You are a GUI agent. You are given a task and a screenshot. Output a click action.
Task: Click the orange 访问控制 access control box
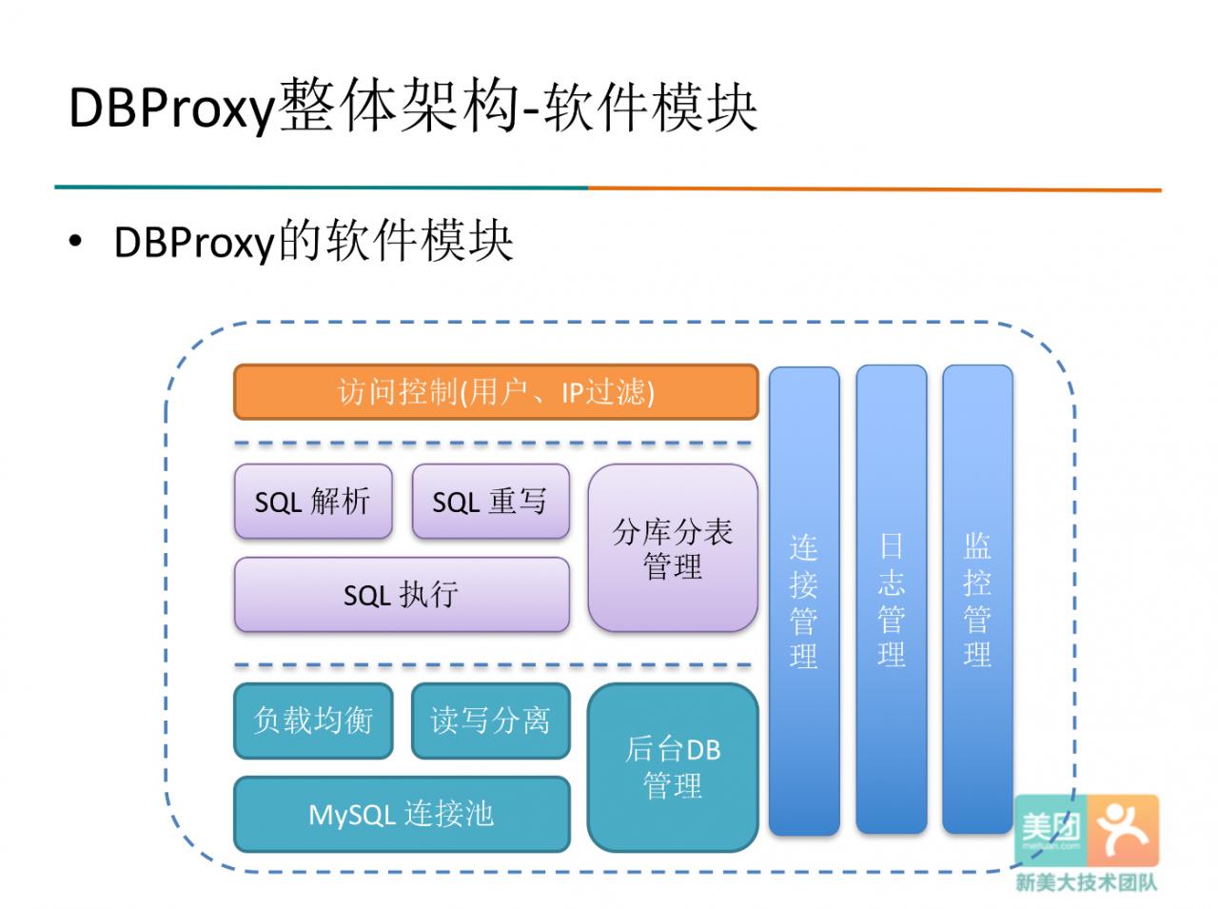[496, 392]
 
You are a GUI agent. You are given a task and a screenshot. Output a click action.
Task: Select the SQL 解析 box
[313, 501]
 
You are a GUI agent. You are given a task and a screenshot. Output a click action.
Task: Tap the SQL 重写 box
[490, 501]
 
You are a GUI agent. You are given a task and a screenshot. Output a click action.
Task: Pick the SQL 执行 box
[402, 594]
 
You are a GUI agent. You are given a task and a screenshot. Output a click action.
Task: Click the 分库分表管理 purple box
[673, 547]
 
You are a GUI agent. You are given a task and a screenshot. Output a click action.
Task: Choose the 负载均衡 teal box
[313, 721]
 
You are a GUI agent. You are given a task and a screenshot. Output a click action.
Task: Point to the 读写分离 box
[490, 721]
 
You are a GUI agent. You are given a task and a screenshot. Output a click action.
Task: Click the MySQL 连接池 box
[402, 814]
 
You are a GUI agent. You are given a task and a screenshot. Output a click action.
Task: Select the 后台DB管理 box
[673, 767]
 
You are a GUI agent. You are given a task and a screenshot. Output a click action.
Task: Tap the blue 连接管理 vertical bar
[804, 601]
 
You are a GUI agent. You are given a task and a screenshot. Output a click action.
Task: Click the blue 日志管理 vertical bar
[892, 600]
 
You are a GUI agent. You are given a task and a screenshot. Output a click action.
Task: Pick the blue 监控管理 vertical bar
[977, 600]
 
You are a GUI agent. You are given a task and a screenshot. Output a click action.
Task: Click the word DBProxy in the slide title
[172, 109]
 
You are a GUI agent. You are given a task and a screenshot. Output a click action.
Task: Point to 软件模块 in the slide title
[650, 107]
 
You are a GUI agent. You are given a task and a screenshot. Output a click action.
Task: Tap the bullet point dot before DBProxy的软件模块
[75, 242]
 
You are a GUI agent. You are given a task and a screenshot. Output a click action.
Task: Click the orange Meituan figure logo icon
[1123, 830]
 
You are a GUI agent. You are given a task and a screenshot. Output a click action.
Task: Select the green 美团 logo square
[1051, 830]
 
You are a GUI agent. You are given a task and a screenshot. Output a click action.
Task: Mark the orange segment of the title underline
[875, 189]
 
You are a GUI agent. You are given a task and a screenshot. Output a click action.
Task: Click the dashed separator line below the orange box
[493, 444]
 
